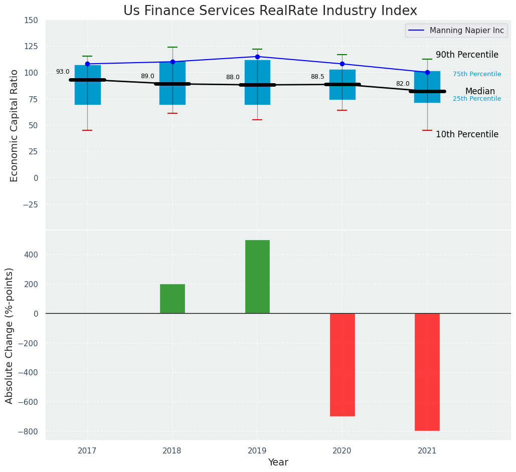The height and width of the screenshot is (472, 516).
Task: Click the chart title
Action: pyautogui.click(x=270, y=11)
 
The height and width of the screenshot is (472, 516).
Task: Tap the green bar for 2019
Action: pyautogui.click(x=257, y=277)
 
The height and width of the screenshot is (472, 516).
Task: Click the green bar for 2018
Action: pyautogui.click(x=173, y=299)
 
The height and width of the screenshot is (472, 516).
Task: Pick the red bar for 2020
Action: pyautogui.click(x=342, y=364)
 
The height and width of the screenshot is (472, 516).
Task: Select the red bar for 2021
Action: pyautogui.click(x=427, y=372)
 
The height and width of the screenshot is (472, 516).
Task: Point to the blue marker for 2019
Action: pyautogui.click(x=257, y=57)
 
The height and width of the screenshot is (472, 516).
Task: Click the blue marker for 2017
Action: pyautogui.click(x=87, y=64)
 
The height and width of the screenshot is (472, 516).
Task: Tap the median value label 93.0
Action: pyautogui.click(x=63, y=72)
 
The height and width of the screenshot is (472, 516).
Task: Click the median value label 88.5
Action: pyautogui.click(x=317, y=77)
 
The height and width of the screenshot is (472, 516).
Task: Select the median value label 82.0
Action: pyautogui.click(x=403, y=84)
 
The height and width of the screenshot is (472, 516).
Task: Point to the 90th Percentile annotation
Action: pyautogui.click(x=467, y=55)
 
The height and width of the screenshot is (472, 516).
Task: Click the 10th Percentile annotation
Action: pyautogui.click(x=467, y=135)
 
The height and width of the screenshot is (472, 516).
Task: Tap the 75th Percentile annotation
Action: pyautogui.click(x=477, y=75)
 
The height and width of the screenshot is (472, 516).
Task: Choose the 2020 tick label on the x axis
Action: pyautogui.click(x=342, y=451)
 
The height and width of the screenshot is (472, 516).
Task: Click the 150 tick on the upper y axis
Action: pyautogui.click(x=31, y=21)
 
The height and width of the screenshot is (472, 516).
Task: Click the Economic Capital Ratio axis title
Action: pyautogui.click(x=15, y=125)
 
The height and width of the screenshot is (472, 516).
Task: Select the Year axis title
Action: pyautogui.click(x=278, y=462)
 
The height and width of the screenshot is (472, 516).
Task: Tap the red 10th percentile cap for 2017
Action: pyautogui.click(x=87, y=130)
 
